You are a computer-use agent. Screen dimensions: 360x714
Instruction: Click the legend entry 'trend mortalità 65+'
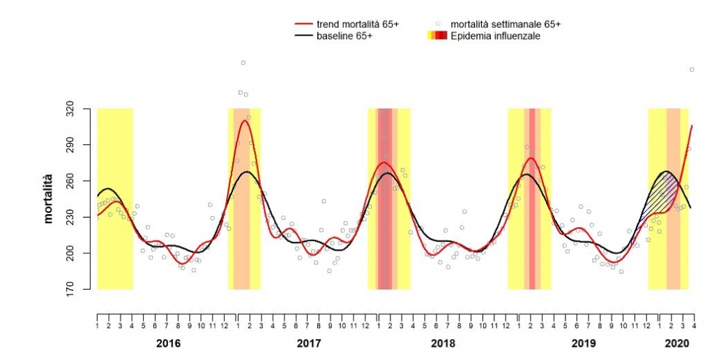point(356,24)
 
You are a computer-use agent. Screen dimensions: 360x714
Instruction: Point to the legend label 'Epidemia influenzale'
point(495,36)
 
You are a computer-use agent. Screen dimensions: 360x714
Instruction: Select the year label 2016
point(168,344)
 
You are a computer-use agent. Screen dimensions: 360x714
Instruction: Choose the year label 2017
point(308,344)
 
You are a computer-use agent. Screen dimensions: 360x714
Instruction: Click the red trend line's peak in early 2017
point(244,121)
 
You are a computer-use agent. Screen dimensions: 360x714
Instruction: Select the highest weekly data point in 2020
point(692,70)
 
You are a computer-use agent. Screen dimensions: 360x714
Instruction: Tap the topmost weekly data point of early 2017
point(243,63)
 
